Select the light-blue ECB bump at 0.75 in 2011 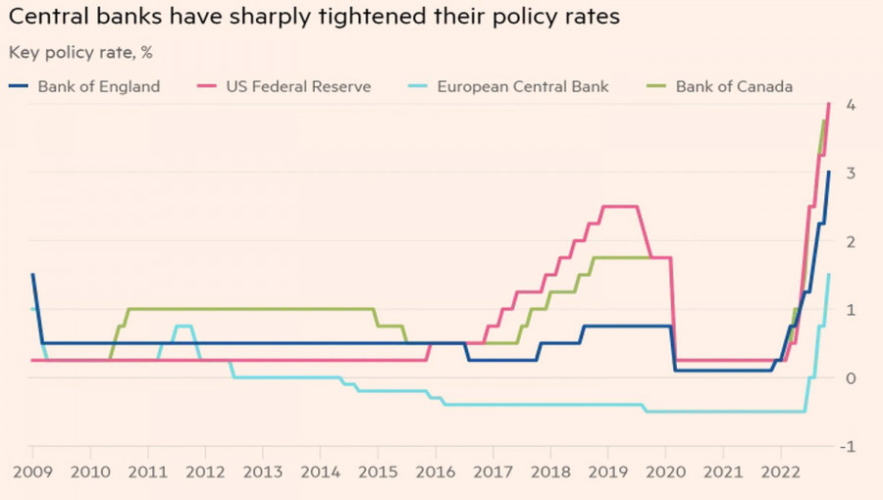182,325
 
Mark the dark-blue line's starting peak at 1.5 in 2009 32,275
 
